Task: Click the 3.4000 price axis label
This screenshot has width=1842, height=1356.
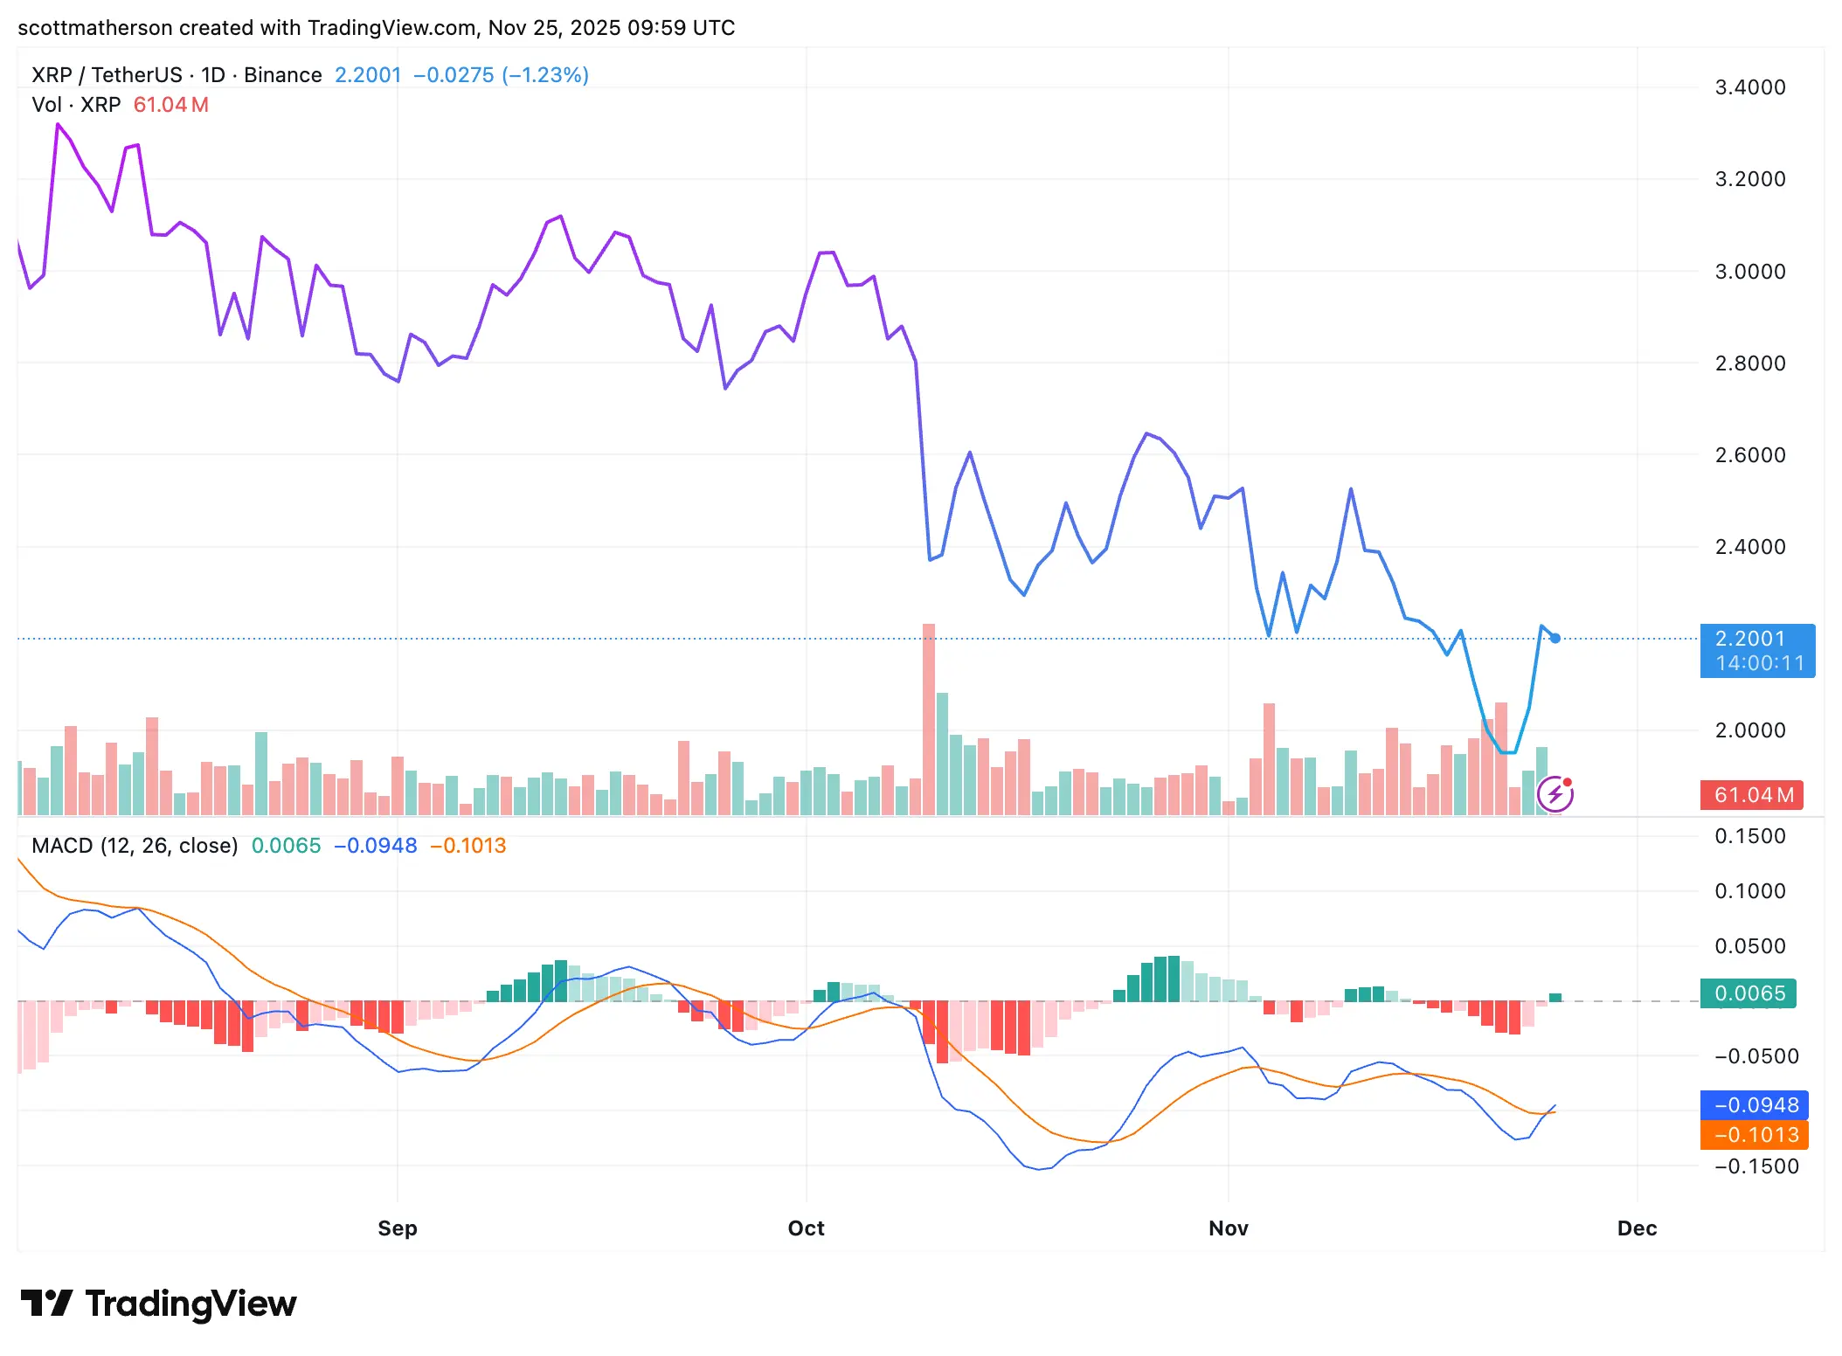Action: pos(1749,87)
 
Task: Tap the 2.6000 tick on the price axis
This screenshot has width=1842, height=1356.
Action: pos(1749,455)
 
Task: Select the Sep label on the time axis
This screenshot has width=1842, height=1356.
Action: pos(397,1228)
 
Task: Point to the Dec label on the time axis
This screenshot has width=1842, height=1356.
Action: pos(1636,1228)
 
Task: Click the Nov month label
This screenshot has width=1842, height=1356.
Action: pos(1228,1228)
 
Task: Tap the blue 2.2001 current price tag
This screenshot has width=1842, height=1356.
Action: pos(1756,650)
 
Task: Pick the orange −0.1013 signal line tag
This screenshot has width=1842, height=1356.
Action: pos(1754,1135)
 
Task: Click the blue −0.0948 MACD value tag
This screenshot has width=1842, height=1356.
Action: pos(1754,1105)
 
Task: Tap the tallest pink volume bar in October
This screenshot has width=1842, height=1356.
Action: pos(928,716)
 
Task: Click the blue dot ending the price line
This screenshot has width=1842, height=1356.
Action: pos(1555,639)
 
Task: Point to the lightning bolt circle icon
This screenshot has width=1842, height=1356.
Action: pos(1555,794)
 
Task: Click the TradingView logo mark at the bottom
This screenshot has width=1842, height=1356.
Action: pos(45,1304)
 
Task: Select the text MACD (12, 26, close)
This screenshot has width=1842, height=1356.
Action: pos(135,846)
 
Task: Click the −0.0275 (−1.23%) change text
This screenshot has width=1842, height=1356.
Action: pos(501,75)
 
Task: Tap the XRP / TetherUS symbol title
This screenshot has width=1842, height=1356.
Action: pos(107,75)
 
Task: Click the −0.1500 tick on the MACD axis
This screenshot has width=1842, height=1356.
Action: pos(1755,1166)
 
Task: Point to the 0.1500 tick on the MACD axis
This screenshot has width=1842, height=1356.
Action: pos(1749,836)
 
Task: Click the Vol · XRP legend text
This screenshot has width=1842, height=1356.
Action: pos(76,105)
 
